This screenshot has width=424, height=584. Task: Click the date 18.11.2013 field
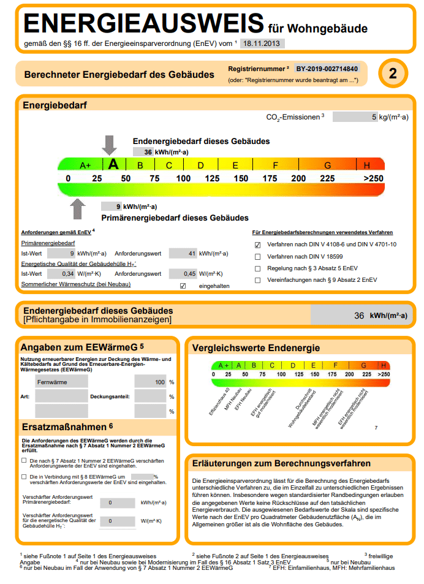[262, 44]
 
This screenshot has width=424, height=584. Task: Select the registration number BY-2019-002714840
[327, 69]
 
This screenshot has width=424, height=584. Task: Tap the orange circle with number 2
[393, 74]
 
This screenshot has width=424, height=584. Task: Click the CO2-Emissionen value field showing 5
[355, 116]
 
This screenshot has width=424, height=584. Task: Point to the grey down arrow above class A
[110, 145]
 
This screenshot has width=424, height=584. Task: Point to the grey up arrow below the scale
[78, 209]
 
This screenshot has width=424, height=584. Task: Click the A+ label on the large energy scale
[85, 165]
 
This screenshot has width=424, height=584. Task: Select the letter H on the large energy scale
[367, 165]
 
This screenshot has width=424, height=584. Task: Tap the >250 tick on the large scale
[373, 178]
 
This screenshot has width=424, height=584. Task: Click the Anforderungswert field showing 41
[182, 252]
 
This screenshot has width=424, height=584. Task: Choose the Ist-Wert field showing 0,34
[61, 273]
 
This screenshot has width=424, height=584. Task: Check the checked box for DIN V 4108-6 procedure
[258, 245]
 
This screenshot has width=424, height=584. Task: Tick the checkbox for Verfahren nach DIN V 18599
[258, 257]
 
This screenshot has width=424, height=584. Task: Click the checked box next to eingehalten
[183, 286]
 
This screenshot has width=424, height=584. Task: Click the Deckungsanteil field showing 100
[151, 382]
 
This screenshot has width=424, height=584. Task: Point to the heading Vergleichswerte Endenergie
[256, 348]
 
